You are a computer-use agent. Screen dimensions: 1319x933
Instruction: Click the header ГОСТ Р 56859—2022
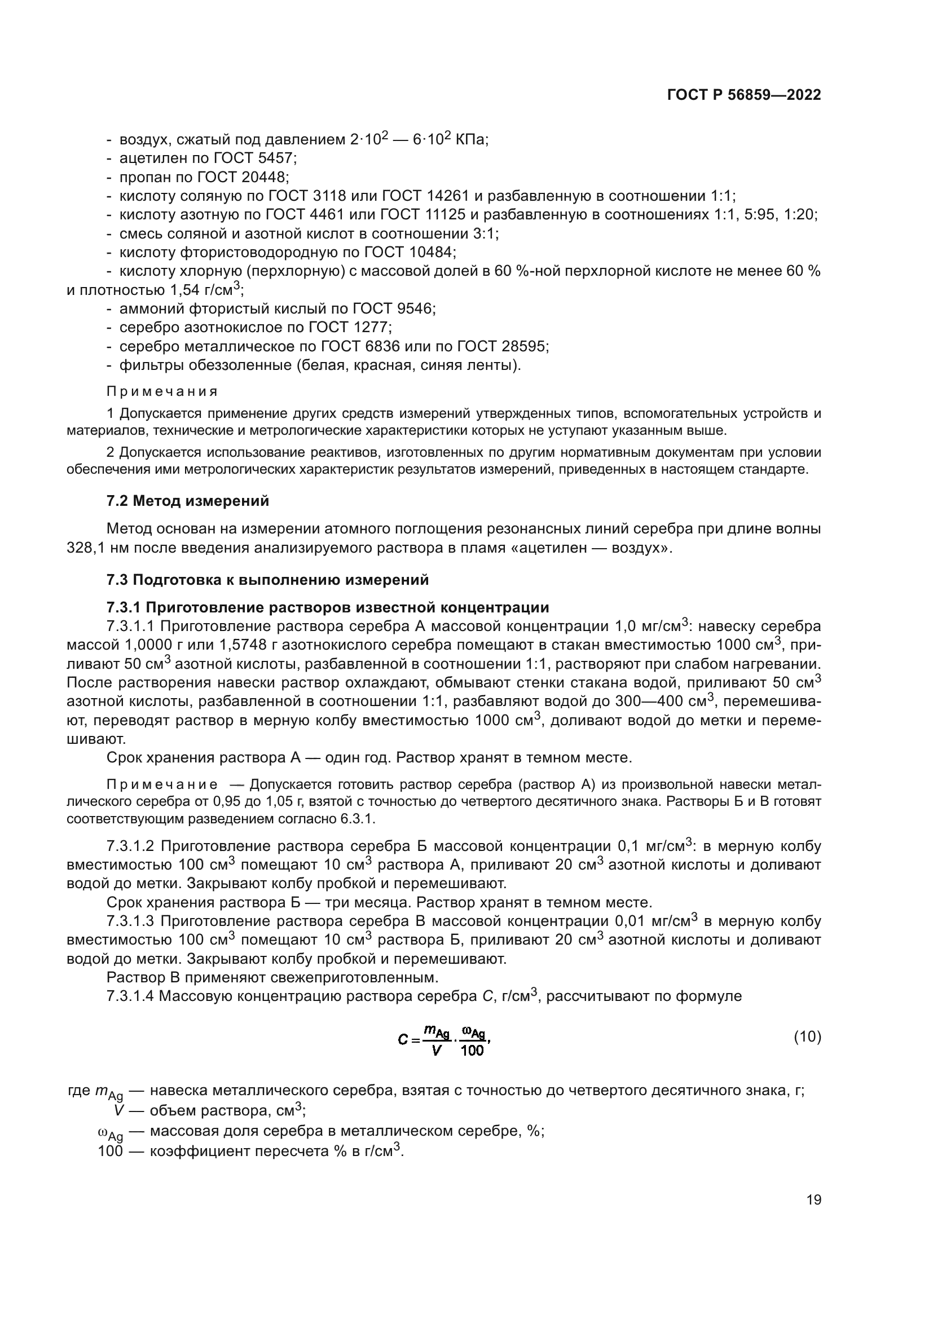744,95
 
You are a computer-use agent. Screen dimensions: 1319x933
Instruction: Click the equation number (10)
807,1037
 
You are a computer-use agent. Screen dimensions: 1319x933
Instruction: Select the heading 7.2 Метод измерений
187,501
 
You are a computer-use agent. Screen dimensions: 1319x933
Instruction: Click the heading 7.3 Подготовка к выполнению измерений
267,580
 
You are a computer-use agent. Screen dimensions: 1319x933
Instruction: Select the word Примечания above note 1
162,392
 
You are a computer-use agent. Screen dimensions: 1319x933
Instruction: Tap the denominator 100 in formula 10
472,1051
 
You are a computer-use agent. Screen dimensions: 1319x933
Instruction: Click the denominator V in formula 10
436,1051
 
